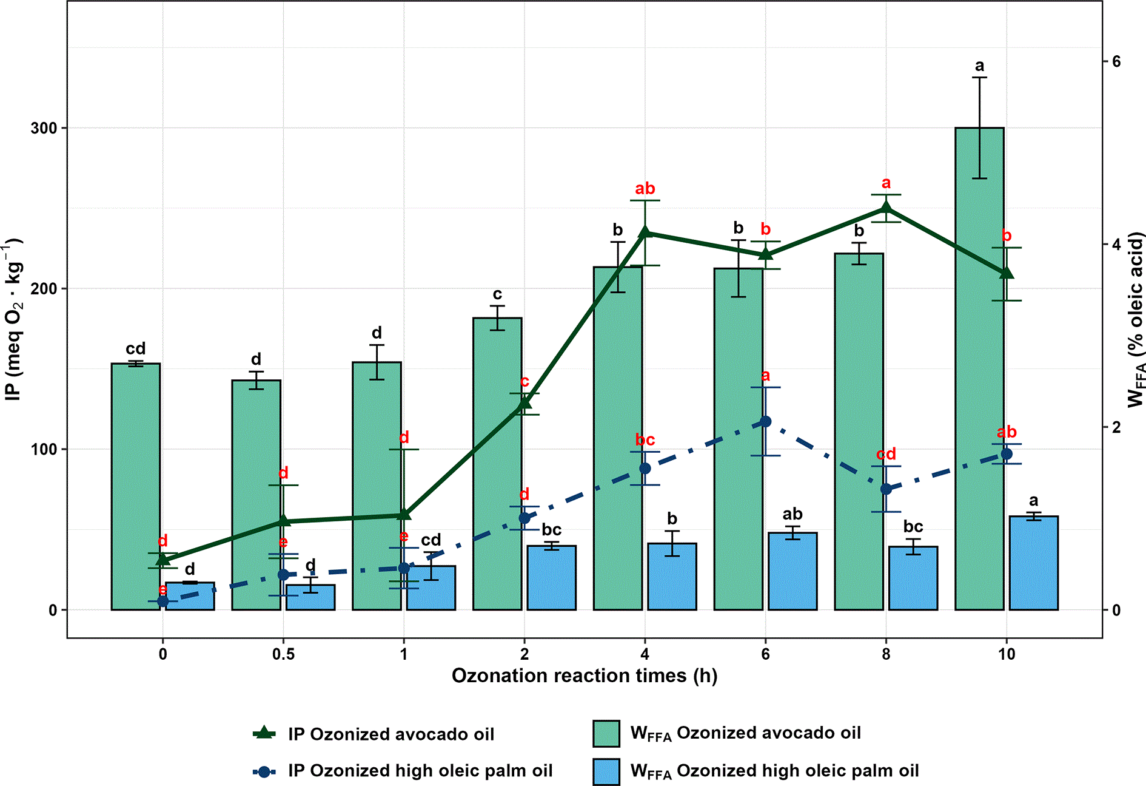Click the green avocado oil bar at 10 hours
[x=979, y=368]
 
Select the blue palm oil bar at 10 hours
[x=1034, y=563]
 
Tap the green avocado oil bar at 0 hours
[x=136, y=487]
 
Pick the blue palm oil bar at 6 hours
[x=792, y=571]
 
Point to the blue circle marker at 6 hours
[x=766, y=421]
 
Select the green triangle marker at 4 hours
[x=645, y=232]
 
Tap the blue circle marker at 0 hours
[x=163, y=601]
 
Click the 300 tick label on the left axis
[x=44, y=128]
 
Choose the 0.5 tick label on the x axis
[x=283, y=654]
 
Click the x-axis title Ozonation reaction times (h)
[x=585, y=676]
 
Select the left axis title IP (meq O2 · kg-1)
[x=14, y=319]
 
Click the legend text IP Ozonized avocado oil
[x=391, y=734]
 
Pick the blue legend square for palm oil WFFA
[x=606, y=771]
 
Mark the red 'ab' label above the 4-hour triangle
[x=645, y=189]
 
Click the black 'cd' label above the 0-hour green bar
[x=136, y=348]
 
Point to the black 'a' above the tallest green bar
[x=979, y=66]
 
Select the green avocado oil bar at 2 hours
[x=497, y=464]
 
